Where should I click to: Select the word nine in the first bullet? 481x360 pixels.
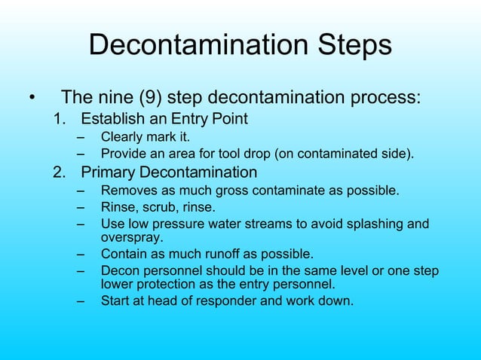(121, 98)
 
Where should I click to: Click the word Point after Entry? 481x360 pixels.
(228, 119)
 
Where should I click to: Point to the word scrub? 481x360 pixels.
(161, 206)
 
